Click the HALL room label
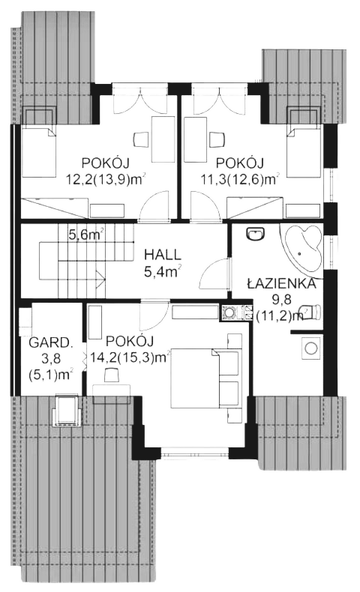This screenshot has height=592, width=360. [x=163, y=254]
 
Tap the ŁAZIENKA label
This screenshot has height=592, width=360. [x=281, y=283]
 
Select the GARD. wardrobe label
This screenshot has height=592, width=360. [x=50, y=342]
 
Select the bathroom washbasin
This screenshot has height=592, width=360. [x=256, y=234]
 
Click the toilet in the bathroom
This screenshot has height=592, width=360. [x=310, y=311]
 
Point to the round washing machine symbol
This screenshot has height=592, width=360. [x=311, y=348]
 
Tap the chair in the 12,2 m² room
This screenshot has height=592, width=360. [x=140, y=139]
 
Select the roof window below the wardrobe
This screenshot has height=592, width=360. [x=67, y=411]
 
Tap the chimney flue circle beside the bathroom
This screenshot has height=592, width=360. [x=229, y=312]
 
